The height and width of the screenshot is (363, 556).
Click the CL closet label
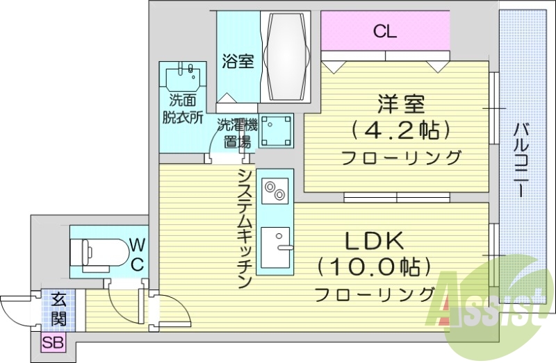point(384,31)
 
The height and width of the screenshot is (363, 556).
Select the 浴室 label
point(238,61)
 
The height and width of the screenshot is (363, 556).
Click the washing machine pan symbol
point(276,131)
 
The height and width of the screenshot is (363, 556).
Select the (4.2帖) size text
point(401,130)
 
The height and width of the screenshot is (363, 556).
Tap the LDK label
point(375,241)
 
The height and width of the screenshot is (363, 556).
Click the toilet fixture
point(101,251)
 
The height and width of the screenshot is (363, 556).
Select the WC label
point(138,253)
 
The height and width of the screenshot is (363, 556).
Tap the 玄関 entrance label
point(58,310)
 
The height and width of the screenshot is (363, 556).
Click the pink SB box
point(51,342)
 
